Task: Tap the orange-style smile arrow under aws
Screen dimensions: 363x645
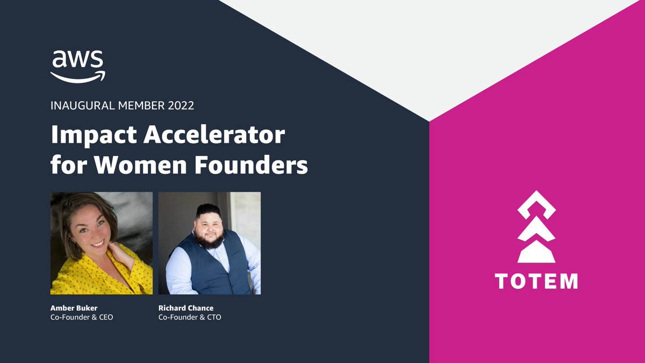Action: (78, 76)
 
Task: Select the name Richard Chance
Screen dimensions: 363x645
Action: (186, 308)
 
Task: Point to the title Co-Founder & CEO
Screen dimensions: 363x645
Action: (82, 317)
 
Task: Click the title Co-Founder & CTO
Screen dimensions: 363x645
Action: (190, 317)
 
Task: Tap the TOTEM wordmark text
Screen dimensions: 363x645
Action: (536, 281)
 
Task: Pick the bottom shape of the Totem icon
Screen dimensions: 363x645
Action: (536, 253)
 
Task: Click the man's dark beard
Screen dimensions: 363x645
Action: (209, 239)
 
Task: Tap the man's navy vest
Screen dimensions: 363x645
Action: (209, 269)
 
